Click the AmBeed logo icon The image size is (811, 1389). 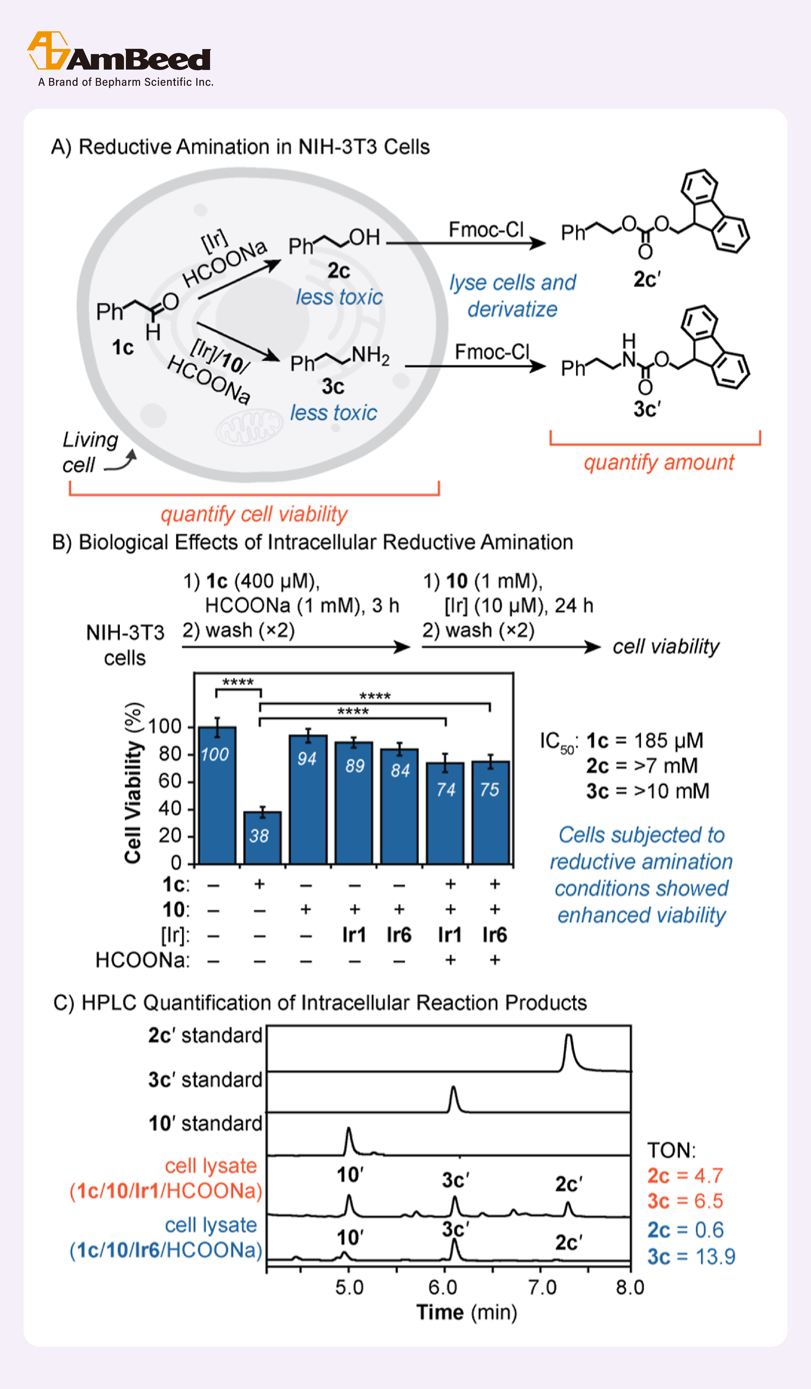click(x=48, y=51)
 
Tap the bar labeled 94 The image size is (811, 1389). click(x=308, y=799)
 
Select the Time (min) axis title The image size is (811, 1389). click(x=466, y=1312)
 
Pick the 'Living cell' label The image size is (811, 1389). click(x=90, y=452)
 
